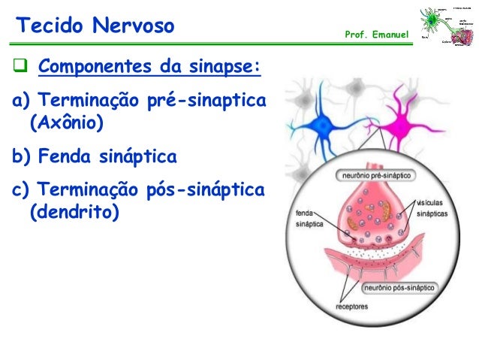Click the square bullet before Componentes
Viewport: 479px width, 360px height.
click(x=20, y=71)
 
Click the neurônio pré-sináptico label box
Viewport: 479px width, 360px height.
click(x=377, y=175)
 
